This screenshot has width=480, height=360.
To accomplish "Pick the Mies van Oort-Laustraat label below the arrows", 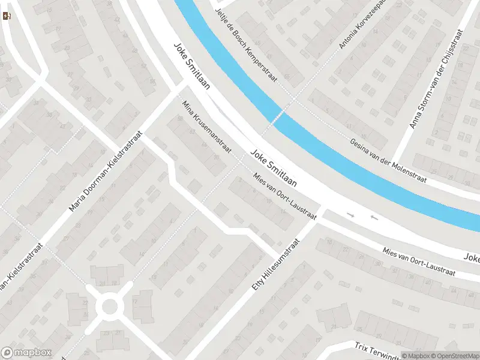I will (419, 262).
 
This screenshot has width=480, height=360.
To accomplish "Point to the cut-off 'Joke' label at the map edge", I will (472, 257).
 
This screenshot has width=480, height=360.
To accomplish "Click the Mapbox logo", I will (26, 353).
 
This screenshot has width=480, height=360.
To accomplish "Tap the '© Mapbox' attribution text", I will (416, 356).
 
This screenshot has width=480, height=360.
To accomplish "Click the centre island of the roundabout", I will (110, 307).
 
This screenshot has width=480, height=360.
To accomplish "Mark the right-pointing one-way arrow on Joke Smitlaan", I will (351, 214).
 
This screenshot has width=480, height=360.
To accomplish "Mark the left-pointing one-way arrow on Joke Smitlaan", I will (374, 217).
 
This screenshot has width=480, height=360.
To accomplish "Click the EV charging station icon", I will (7, 16).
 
